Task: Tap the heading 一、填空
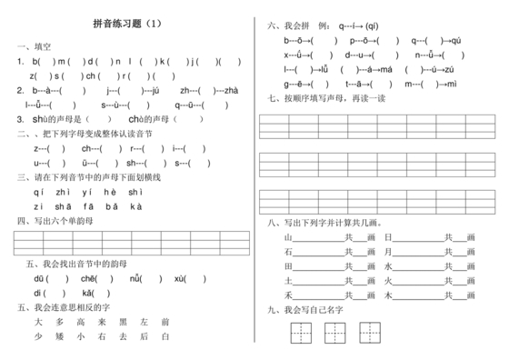pyautogui.click(x=34, y=46)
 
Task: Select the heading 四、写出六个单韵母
pyautogui.click(x=55, y=220)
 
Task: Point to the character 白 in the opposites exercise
pyautogui.click(x=165, y=336)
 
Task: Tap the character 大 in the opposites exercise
pyautogui.click(x=37, y=322)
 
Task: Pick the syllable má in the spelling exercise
pyautogui.click(x=384, y=69)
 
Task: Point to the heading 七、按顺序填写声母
pyautogui.click(x=320, y=98)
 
